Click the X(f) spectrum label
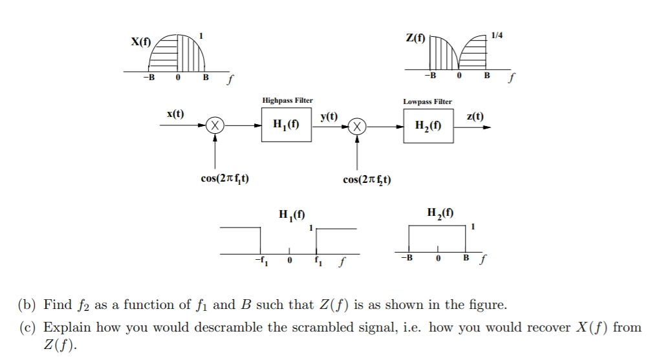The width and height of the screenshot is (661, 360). coord(140,43)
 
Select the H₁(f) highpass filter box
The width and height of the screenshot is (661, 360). coord(287,125)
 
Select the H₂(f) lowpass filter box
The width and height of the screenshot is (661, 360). coord(428,125)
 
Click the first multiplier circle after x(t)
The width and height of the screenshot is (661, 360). coord(215,125)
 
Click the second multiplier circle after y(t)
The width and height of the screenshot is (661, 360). coord(357,125)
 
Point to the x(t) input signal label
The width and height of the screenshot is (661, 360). coord(175,114)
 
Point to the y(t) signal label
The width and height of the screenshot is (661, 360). coord(329,116)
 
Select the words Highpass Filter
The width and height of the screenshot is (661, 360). coord(287,100)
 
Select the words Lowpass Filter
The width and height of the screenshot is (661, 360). coord(428,101)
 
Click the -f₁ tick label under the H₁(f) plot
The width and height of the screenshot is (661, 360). coord(261,261)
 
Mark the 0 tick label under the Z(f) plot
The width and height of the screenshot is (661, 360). coord(459,76)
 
